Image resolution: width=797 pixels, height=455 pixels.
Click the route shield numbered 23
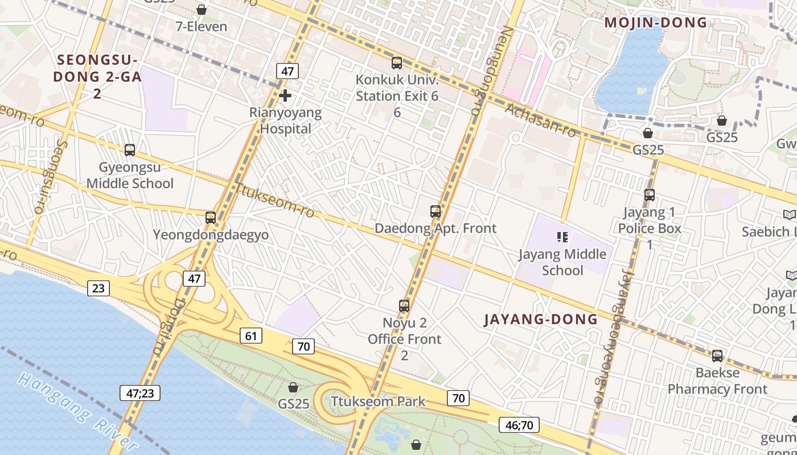coord(98,288)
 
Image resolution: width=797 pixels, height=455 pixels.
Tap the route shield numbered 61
coord(250,336)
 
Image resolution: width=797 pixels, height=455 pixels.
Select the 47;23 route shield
coord(140,392)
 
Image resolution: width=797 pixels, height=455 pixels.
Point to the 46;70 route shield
coord(519,424)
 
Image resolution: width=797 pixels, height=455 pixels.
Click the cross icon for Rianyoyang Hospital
coord(285,95)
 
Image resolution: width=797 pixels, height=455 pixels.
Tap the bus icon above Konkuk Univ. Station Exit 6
coord(397,63)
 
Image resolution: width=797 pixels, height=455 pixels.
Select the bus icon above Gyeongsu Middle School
coord(130,150)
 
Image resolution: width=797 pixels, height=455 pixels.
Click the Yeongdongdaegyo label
coord(211,235)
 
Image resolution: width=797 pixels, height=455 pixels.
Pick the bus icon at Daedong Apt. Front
coord(436,212)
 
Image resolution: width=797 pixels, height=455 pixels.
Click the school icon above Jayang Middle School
coord(562,237)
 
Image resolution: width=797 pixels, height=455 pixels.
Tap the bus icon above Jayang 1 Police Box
coord(650,195)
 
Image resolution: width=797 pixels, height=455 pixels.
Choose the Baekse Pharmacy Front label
coord(717,381)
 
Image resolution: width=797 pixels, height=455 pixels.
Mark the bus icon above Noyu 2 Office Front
coord(404,306)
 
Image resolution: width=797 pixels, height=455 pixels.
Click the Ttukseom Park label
coord(378,402)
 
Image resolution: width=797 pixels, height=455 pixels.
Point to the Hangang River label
coord(77,412)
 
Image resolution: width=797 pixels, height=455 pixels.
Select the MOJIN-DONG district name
coord(655,23)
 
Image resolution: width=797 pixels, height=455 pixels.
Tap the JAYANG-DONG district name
coord(541,319)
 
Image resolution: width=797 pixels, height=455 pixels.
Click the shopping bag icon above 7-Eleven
coord(201,10)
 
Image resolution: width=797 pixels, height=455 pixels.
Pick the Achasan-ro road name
coord(540,120)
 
